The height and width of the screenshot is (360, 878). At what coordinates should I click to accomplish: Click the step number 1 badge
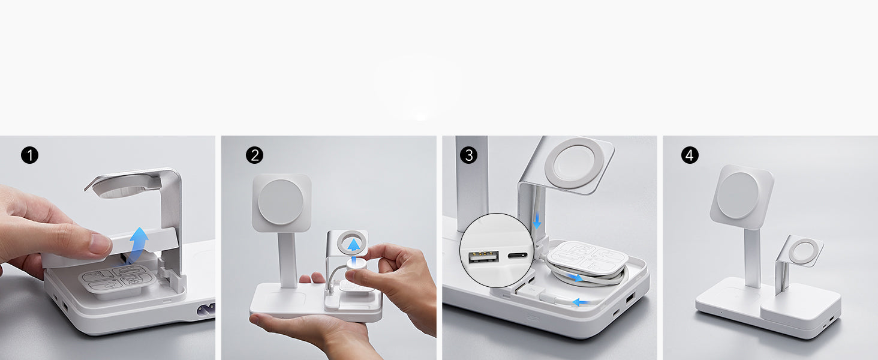(29, 155)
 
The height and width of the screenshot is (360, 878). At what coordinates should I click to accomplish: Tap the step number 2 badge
(254, 155)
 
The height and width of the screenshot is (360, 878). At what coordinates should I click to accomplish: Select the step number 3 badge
(468, 155)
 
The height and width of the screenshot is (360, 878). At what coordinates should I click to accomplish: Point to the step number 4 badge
(690, 155)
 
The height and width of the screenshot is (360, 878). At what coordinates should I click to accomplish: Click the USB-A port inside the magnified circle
(484, 257)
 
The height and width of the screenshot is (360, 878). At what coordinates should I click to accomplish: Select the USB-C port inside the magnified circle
(518, 256)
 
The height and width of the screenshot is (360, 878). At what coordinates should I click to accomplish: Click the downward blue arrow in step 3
(537, 220)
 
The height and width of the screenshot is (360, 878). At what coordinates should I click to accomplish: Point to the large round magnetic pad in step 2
(280, 202)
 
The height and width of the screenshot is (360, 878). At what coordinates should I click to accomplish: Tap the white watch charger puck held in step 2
(356, 263)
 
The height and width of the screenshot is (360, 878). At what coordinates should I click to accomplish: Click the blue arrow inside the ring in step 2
(354, 245)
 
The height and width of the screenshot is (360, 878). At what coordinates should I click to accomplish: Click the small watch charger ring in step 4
(803, 251)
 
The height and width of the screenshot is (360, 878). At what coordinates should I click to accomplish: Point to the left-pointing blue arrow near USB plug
(581, 302)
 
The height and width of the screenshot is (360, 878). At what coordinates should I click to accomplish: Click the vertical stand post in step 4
(752, 257)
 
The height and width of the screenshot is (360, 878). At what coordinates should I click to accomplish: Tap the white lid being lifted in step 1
(110, 247)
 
